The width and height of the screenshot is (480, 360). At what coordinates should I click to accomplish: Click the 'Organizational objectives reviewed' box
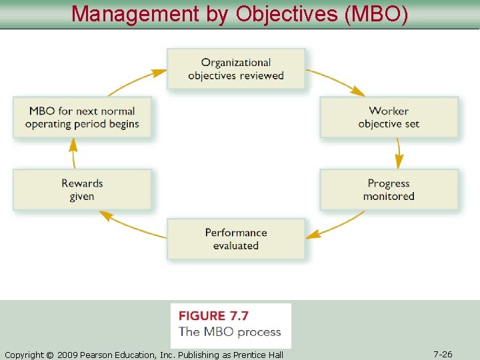click(236, 69)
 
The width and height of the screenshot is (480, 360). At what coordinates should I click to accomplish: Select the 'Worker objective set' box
click(389, 117)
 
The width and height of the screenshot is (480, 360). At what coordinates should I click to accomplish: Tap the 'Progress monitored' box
click(389, 190)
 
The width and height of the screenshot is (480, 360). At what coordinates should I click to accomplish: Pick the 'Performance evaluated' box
click(236, 239)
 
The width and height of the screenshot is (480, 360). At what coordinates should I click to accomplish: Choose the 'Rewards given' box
click(82, 190)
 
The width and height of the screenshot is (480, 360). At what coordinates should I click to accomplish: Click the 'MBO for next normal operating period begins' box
click(82, 117)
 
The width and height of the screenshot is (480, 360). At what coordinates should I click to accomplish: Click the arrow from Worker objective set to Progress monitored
click(399, 153)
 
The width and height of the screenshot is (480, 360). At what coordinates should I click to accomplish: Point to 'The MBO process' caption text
click(230, 331)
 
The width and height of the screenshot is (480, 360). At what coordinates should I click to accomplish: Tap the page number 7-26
click(443, 354)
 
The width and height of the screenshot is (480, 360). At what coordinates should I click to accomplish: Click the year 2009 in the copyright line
click(67, 355)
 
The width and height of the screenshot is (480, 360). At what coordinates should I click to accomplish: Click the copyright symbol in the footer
click(49, 355)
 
